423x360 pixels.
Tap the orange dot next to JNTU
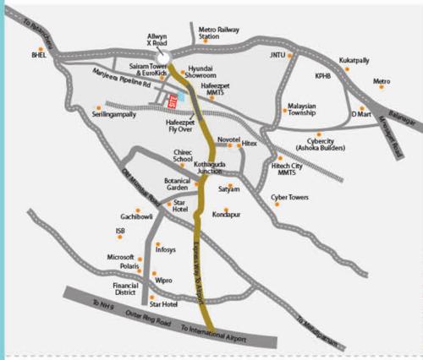click(290, 56)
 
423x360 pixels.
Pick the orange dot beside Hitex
click(238, 145)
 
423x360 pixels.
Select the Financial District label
click(125, 290)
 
